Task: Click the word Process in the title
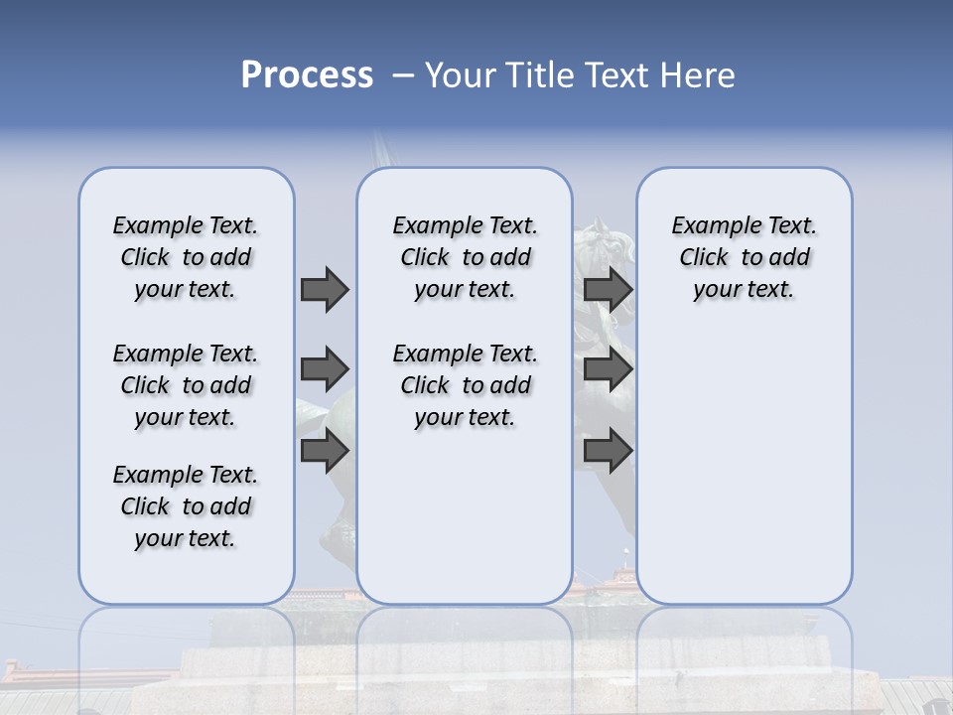coord(307,74)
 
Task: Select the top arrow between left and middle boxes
coord(324,289)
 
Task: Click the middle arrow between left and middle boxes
coord(324,369)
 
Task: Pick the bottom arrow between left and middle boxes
coord(324,451)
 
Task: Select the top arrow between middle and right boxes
coord(608,289)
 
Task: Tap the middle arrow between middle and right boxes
coord(608,369)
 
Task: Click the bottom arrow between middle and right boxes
coord(608,451)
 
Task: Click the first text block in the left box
coord(186,257)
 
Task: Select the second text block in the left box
coord(186,385)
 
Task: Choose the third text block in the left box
coord(186,506)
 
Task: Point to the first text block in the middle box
coord(465,257)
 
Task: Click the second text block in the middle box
coord(465,385)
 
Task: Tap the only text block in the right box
coord(744,257)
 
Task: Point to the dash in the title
coord(403,74)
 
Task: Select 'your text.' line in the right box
coord(744,289)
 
